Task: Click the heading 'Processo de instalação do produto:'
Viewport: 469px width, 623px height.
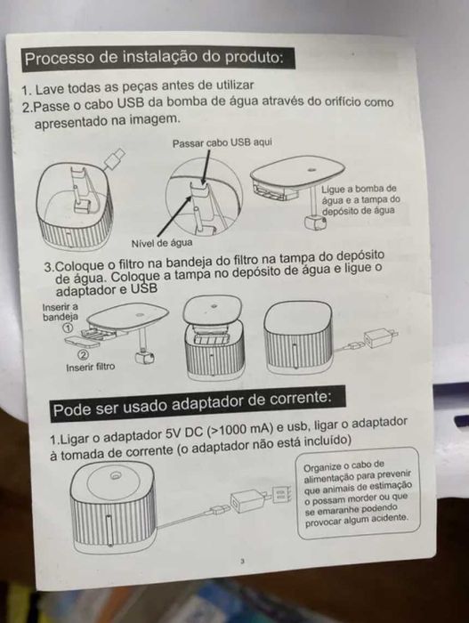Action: (153, 59)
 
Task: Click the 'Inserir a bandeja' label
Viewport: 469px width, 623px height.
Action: (61, 311)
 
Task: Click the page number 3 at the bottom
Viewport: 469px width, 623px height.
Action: (242, 561)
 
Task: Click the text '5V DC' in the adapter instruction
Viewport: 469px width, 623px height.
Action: (182, 438)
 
